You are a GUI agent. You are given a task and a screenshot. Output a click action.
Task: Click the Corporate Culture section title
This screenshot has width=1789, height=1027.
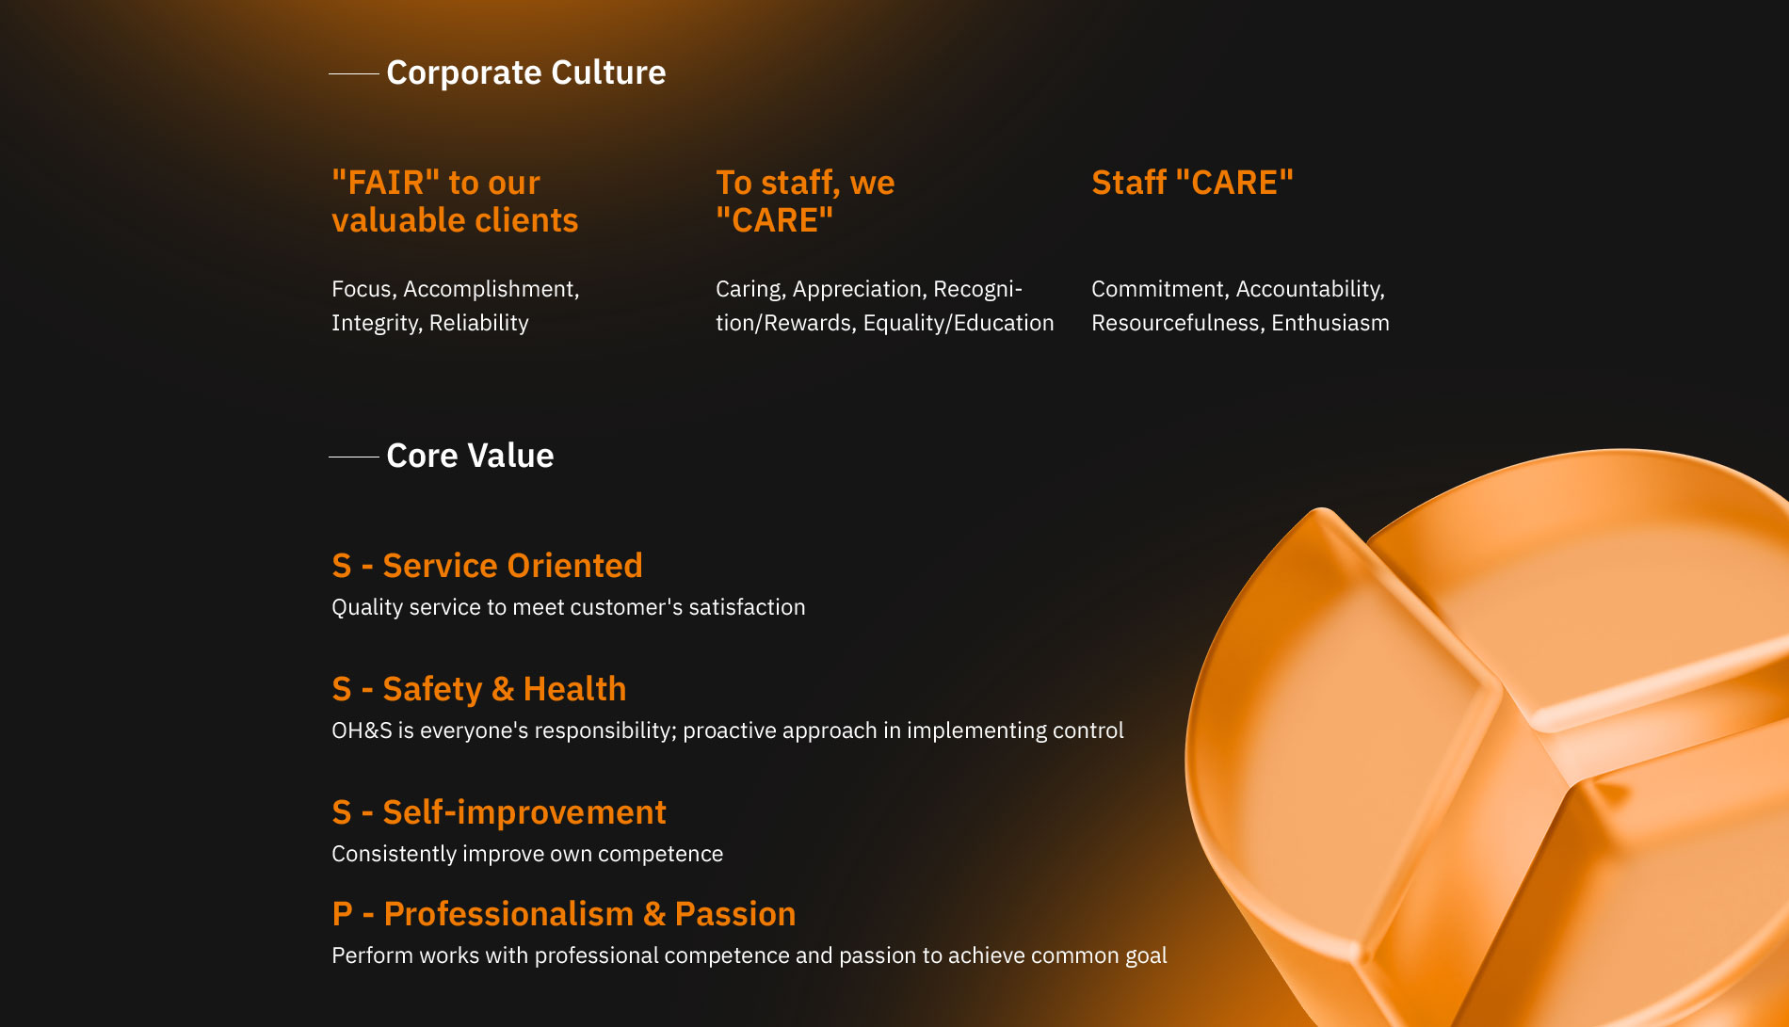pos(526,72)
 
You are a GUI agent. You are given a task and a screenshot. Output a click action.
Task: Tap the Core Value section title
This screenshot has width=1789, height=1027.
pos(470,456)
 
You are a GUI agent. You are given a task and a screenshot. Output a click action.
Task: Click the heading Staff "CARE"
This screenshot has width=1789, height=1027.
pos(1192,182)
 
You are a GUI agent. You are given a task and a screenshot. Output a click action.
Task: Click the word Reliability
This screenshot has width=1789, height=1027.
pos(479,323)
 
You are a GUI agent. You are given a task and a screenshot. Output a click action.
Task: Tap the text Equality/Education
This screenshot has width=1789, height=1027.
pos(959,323)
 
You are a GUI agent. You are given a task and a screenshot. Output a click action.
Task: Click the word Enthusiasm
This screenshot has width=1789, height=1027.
pos(1330,323)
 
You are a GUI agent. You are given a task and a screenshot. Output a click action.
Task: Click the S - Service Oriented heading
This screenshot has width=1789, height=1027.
pos(487,565)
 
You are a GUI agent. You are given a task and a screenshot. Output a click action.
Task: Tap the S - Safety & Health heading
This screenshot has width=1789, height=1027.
pos(479,689)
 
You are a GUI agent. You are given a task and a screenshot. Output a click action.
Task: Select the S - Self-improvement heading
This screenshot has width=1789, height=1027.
pos(499,811)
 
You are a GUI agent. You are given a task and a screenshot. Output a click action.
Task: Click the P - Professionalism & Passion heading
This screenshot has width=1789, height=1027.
pos(564,914)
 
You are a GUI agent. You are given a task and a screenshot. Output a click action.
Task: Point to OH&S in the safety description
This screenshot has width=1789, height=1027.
pos(362,730)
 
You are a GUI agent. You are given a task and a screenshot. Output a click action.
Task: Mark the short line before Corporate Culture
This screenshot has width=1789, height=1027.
pos(354,73)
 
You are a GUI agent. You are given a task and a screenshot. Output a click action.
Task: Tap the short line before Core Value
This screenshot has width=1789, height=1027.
pos(354,457)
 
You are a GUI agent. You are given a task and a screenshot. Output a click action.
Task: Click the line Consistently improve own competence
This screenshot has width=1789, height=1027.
pos(527,854)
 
